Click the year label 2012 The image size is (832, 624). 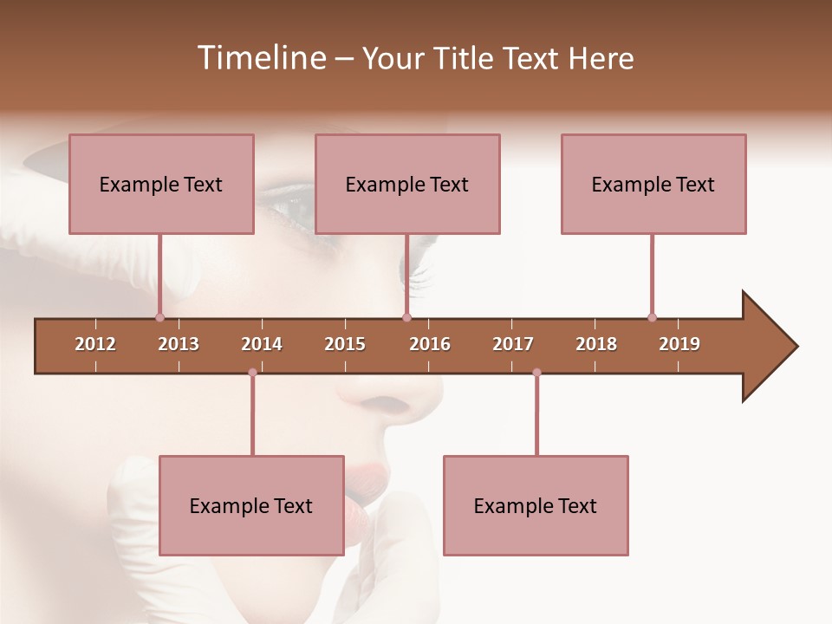95,344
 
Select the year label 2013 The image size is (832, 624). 179,344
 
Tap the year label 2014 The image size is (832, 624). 262,344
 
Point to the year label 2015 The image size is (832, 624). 345,344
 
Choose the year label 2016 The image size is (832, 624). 430,344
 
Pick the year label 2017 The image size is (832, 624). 513,344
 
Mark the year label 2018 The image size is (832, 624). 596,344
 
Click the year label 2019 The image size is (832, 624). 679,344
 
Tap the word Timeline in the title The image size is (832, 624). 260,58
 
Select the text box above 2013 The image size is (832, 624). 161,184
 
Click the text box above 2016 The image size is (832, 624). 407,184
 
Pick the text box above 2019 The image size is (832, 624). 653,184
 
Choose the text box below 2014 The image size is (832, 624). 251,505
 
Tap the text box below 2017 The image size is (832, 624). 536,505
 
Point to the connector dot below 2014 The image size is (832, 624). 252,373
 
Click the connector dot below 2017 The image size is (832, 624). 536,373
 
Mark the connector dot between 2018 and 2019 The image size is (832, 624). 652,317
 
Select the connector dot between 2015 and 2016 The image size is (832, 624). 406,317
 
